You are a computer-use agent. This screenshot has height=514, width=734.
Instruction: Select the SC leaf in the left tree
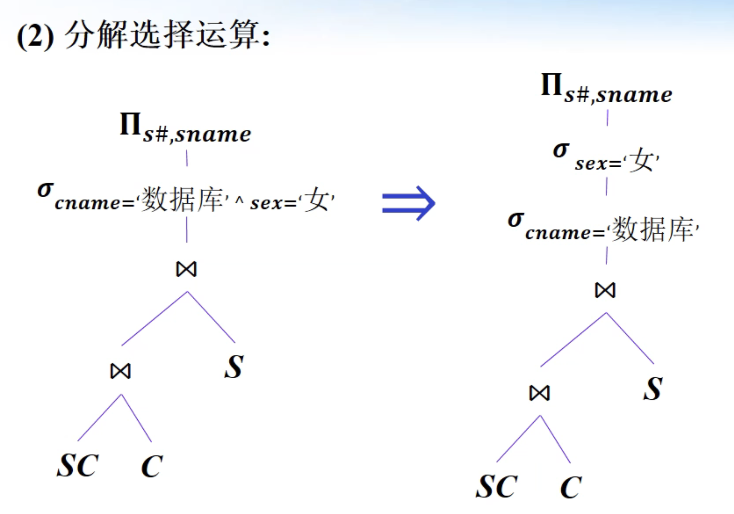pyautogui.click(x=78, y=466)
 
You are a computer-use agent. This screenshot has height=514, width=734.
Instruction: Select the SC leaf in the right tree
pyautogui.click(x=497, y=487)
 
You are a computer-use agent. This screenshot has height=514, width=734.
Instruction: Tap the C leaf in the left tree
pyautogui.click(x=152, y=466)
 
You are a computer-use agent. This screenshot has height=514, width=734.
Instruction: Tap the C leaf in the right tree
pyautogui.click(x=571, y=487)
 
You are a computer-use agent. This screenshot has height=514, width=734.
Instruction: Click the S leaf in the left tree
pyautogui.click(x=234, y=367)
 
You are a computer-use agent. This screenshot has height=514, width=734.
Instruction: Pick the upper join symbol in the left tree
pyautogui.click(x=187, y=269)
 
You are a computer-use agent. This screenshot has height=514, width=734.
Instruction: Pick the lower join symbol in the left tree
pyautogui.click(x=121, y=371)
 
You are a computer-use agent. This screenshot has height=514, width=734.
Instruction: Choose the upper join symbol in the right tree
pyautogui.click(x=605, y=290)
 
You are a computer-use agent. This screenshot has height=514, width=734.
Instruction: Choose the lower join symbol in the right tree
pyautogui.click(x=539, y=393)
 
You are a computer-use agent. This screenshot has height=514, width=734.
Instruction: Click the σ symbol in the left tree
pyautogui.click(x=45, y=189)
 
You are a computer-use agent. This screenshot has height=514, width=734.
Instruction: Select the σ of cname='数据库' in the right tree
pyautogui.click(x=516, y=219)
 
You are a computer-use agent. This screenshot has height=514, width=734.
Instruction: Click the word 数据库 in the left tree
pyautogui.click(x=182, y=199)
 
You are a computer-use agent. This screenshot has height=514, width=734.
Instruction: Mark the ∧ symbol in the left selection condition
pyautogui.click(x=239, y=200)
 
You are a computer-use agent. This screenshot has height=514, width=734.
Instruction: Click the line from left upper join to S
pyautogui.click(x=212, y=318)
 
